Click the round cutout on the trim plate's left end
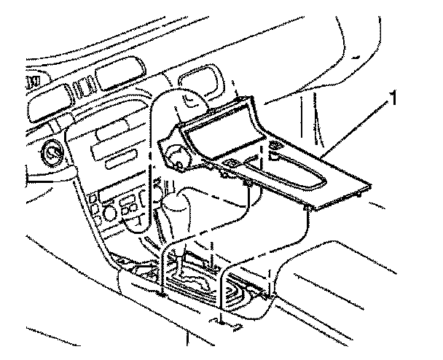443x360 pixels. (x=176, y=155)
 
